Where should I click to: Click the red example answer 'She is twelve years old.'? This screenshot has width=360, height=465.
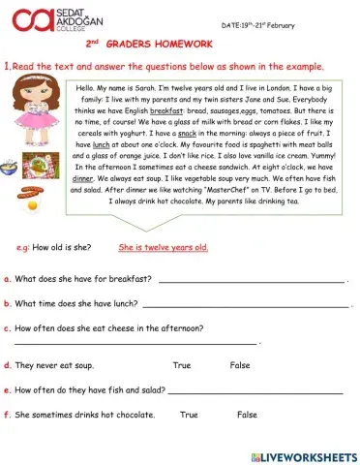164,248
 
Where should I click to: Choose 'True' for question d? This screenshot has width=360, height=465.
181,365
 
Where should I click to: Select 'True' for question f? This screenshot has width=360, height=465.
189,415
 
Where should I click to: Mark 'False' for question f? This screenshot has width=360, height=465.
247,415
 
